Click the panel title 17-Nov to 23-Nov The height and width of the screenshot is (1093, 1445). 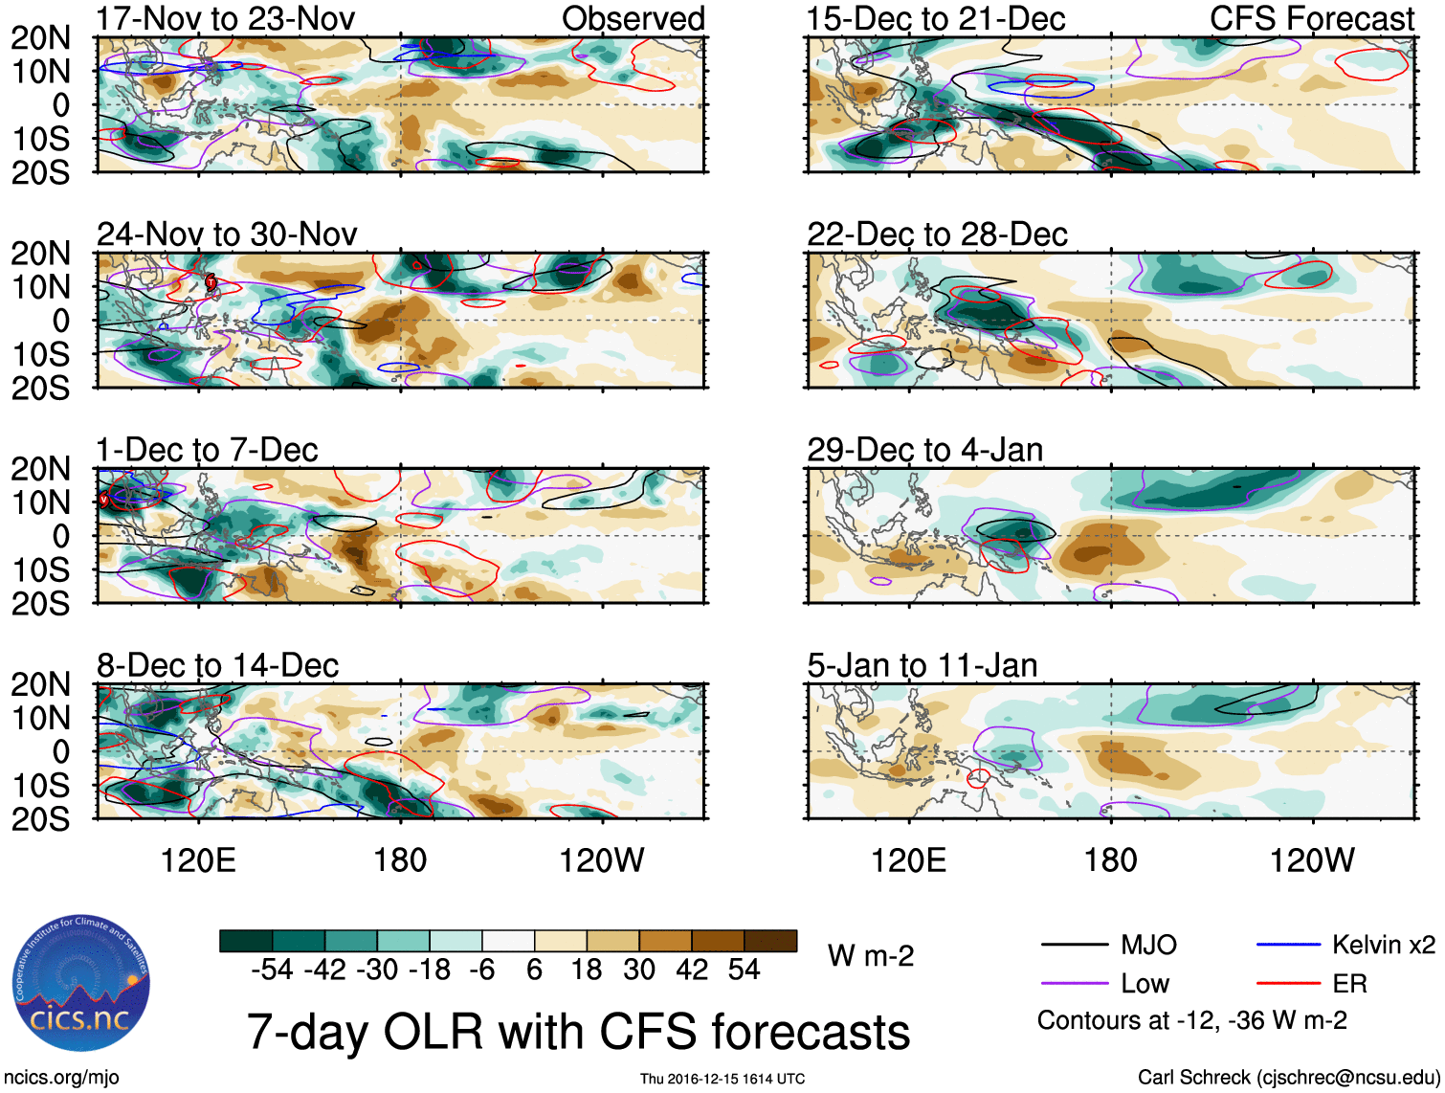226,18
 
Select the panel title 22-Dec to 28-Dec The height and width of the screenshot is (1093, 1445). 937,234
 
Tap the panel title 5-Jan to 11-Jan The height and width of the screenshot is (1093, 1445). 923,665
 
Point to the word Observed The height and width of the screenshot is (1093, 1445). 634,18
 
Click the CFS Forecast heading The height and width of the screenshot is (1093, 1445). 1312,18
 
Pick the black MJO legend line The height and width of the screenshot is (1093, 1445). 1075,946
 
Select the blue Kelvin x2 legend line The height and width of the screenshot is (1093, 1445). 1288,946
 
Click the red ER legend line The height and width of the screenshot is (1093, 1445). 1288,984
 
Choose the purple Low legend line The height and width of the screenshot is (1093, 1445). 1075,984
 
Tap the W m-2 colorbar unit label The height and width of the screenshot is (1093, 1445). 871,955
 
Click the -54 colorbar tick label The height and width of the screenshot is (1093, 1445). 272,970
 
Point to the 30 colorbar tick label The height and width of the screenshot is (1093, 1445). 639,970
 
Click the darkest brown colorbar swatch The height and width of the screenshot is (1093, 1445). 770,941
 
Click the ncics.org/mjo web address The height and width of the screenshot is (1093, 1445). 61,1078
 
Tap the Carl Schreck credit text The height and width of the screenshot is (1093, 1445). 1288,1078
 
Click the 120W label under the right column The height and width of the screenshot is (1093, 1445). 1312,860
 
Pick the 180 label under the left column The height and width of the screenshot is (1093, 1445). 400,860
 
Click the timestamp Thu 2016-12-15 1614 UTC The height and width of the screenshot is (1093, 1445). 722,1080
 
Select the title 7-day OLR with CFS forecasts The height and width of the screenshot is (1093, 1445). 578,1032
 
